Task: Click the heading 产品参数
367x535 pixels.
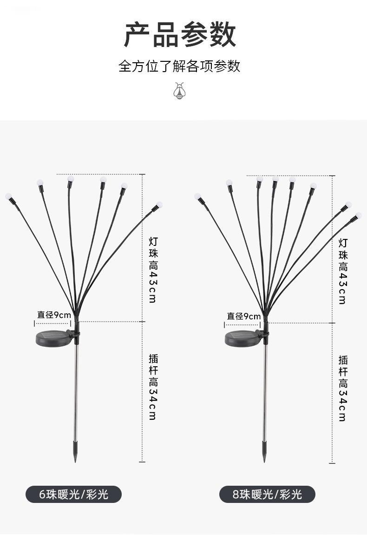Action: (180, 35)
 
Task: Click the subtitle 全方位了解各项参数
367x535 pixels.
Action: (179, 66)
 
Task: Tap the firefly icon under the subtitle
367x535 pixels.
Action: (179, 90)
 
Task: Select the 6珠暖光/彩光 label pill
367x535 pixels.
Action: (73, 494)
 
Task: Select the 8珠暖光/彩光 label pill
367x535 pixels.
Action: (267, 494)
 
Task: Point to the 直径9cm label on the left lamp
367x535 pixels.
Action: (54, 315)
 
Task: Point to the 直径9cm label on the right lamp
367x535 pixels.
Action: (243, 316)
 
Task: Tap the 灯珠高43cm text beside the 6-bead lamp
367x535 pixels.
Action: (153, 270)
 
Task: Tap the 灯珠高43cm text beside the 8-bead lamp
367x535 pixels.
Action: (342, 271)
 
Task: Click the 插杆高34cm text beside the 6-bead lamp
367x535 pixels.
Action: (153, 387)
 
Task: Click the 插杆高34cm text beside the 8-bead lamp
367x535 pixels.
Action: (342, 388)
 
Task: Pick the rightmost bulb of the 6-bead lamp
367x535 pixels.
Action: (159, 205)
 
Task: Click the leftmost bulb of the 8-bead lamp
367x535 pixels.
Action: (197, 197)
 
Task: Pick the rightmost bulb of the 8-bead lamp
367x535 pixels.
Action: (358, 216)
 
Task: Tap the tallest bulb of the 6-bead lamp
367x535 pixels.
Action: (71, 178)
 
